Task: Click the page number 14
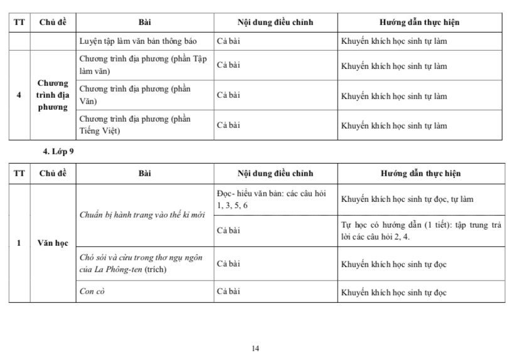pos(255,348)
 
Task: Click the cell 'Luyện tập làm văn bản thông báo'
pos(139,41)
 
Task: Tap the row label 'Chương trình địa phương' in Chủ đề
pos(53,95)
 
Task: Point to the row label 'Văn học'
pos(53,243)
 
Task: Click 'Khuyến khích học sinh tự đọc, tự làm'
pos(407,199)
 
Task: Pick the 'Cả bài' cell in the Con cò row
pos(229,292)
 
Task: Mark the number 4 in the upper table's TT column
pos(19,95)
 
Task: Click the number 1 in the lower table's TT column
pos(19,243)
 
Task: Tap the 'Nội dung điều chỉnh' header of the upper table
pos(275,22)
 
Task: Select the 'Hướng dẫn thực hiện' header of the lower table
pos(419,174)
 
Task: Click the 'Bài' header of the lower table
pos(144,174)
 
